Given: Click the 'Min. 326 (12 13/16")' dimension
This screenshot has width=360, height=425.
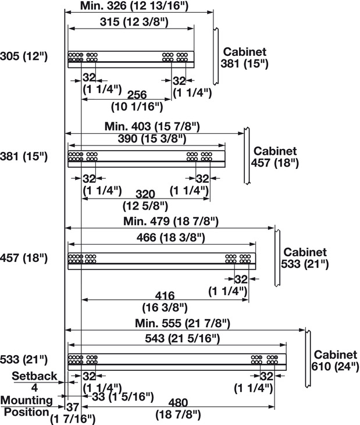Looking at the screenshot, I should pyautogui.click(x=138, y=6).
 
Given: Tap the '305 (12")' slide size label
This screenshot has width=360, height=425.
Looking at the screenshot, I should pyautogui.click(x=24, y=56).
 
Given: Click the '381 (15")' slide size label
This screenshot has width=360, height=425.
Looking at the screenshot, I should pyautogui.click(x=24, y=157).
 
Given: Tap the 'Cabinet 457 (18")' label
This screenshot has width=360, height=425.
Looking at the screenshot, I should pyautogui.click(x=275, y=157).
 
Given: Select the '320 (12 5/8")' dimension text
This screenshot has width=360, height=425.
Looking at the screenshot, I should pyautogui.click(x=145, y=199).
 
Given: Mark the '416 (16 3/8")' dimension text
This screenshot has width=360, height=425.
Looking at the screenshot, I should pyautogui.click(x=165, y=300).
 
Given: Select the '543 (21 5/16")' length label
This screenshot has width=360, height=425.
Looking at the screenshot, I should pyautogui.click(x=177, y=339).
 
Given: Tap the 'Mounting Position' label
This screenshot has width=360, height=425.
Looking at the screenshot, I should pyautogui.click(x=28, y=406).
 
